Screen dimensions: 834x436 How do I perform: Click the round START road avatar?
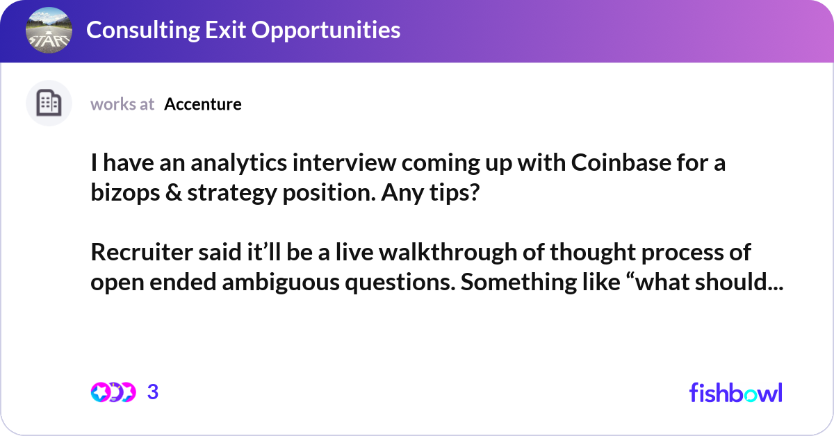(x=49, y=30)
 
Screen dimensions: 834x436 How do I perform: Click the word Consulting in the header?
(x=143, y=30)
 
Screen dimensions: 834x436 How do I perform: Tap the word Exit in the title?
(x=225, y=30)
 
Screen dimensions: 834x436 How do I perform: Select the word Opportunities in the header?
(x=326, y=31)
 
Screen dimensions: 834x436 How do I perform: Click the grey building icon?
(x=49, y=103)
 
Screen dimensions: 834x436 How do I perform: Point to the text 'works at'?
(x=122, y=104)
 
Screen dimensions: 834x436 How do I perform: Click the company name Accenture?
(x=203, y=104)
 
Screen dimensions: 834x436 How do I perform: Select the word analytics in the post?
(x=238, y=163)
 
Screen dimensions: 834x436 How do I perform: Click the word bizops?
(x=125, y=193)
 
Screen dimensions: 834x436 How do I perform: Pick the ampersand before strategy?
(x=174, y=193)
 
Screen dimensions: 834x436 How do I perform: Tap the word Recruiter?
(x=142, y=252)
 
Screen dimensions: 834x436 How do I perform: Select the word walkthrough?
(x=448, y=252)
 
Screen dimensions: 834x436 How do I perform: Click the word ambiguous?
(x=281, y=283)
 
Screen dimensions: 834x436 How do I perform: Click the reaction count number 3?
(x=153, y=392)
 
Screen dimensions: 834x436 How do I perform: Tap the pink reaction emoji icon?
(x=101, y=392)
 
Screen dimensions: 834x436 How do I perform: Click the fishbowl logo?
(x=736, y=392)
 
